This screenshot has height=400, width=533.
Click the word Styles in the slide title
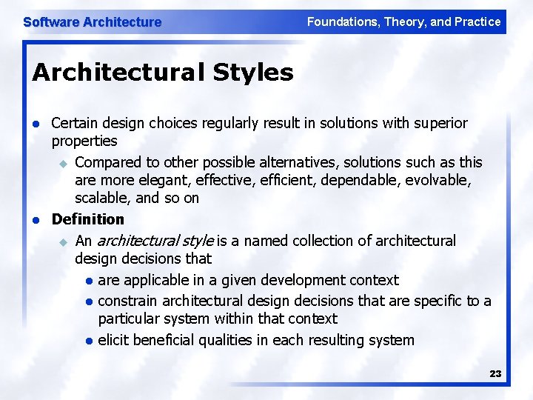(x=253, y=73)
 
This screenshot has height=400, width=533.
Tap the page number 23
(x=495, y=374)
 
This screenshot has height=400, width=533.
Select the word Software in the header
(x=51, y=22)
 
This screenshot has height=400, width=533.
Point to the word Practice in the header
(x=478, y=22)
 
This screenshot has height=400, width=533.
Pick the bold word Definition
(x=88, y=219)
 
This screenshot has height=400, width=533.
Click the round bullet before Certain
(x=35, y=123)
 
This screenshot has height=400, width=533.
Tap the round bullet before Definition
(x=35, y=220)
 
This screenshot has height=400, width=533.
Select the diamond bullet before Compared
(x=63, y=162)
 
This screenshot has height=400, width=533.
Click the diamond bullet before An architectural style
(x=63, y=241)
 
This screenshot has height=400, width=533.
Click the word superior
(x=443, y=123)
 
